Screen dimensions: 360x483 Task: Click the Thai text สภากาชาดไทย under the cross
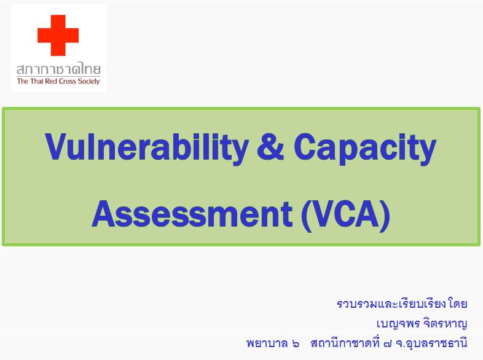tap(58, 68)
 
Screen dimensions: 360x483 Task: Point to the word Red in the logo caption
tap(49, 81)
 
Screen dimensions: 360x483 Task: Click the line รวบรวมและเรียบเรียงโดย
tap(402, 304)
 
